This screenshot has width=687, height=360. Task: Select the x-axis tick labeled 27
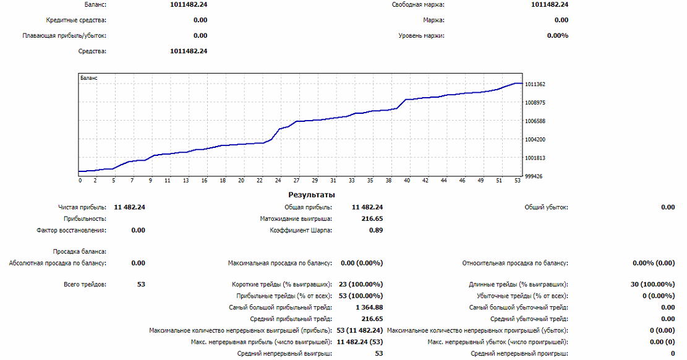click(296, 181)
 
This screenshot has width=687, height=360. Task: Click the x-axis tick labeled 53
click(517, 181)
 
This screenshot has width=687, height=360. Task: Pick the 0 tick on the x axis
click(80, 181)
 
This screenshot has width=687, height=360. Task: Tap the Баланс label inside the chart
click(89, 79)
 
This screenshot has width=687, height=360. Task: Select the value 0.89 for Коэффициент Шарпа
click(376, 230)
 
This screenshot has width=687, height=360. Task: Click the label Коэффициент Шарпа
click(301, 230)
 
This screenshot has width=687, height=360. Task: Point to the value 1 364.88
click(369, 307)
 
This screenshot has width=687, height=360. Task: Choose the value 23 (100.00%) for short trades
click(361, 285)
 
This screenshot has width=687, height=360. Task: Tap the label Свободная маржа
click(418, 5)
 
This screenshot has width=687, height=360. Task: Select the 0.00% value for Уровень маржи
click(558, 35)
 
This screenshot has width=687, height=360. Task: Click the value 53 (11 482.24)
click(361, 330)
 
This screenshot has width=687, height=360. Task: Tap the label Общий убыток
click(546, 207)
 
